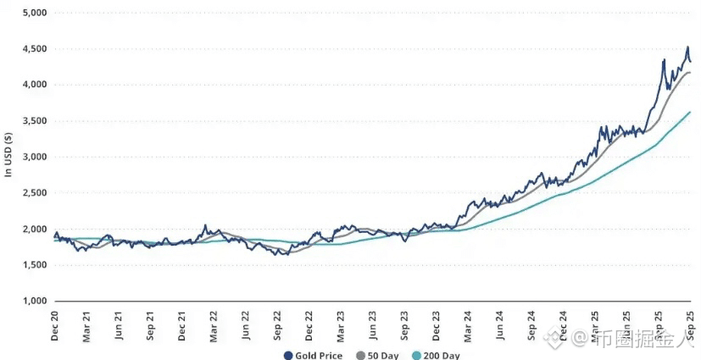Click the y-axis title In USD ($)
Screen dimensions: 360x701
(9, 157)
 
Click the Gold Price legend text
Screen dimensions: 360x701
(319, 356)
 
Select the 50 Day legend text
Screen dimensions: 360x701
(382, 356)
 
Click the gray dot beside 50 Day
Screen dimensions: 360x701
(360, 356)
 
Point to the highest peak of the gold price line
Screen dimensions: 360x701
(687, 47)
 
